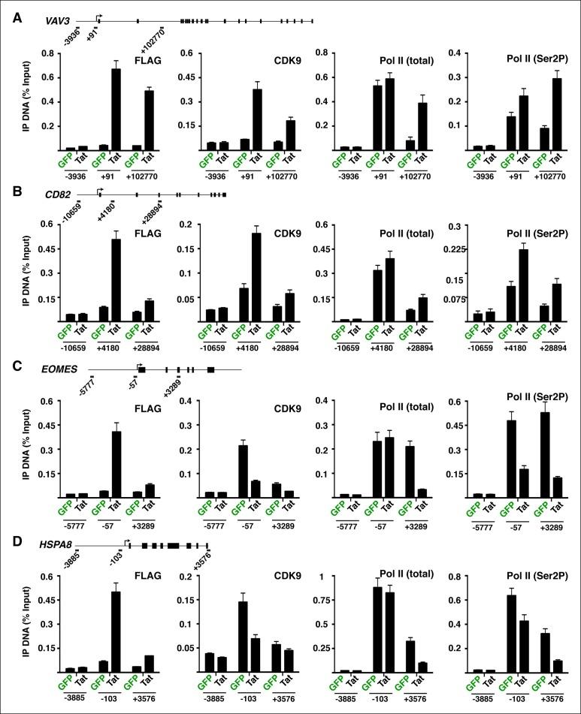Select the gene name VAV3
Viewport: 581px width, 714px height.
point(59,23)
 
